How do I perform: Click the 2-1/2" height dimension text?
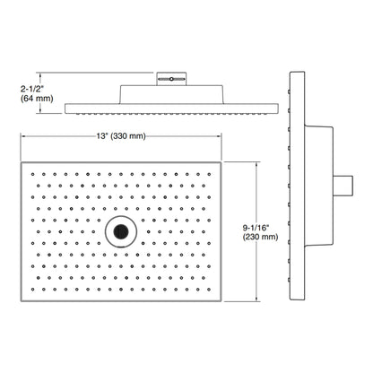[32, 89]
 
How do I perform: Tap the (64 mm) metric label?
[37, 99]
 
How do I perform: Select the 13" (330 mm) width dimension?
[121, 136]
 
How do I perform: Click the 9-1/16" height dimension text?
[256, 228]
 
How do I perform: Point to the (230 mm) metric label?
[260, 237]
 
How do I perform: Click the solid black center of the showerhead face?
[121, 231]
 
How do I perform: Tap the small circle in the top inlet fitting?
[171, 79]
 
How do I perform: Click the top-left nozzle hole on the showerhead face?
[32, 174]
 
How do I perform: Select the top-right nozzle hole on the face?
[209, 174]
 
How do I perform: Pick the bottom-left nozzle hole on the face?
[32, 290]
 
